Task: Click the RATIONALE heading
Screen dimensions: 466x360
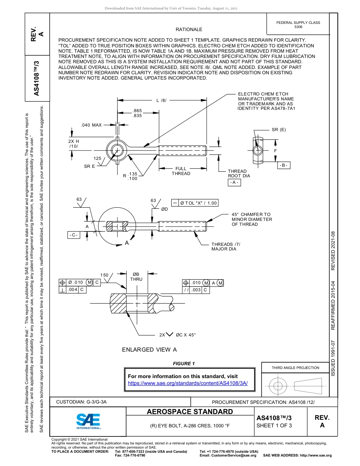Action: point(189,30)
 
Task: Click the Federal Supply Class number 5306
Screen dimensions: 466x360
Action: point(298,27)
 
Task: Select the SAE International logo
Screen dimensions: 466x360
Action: point(88,421)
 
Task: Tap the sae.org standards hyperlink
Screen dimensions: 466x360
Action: point(188,383)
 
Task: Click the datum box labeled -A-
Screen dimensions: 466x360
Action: point(234,183)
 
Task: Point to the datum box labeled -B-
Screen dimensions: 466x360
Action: point(283,166)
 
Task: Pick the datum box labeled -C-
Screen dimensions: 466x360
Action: point(74,235)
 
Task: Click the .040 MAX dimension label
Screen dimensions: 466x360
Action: point(91,125)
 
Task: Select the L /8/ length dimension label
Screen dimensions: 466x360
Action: point(161,100)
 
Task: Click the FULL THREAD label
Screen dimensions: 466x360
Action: point(181,171)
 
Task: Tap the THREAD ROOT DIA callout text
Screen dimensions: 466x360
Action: point(239,174)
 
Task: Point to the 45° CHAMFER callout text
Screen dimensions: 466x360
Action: point(252,219)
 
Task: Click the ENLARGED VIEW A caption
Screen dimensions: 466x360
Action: point(149,350)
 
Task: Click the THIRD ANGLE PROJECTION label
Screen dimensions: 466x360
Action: point(295,367)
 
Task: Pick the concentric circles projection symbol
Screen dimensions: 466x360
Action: point(278,386)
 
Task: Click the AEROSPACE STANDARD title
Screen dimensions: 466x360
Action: point(190,412)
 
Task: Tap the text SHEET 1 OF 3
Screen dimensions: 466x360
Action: point(274,425)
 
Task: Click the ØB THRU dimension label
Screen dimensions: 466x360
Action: point(136,277)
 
